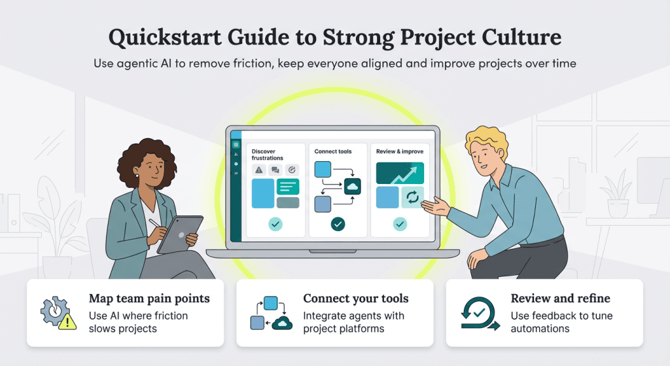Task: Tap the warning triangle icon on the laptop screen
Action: pyautogui.click(x=259, y=170)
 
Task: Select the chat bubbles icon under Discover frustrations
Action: pyautogui.click(x=275, y=170)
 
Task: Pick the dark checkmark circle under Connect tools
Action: pyautogui.click(x=338, y=225)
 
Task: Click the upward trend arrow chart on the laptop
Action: pyautogui.click(x=400, y=173)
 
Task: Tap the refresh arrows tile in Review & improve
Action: pyautogui.click(x=412, y=197)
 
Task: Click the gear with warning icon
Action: pyautogui.click(x=56, y=313)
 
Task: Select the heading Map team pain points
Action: pyautogui.click(x=149, y=299)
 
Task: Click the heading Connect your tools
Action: pyautogui.click(x=355, y=299)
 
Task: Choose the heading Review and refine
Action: pyautogui.click(x=560, y=299)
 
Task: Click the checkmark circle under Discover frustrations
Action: pyautogui.click(x=275, y=225)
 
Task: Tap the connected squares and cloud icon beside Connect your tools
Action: pyautogui.click(x=270, y=314)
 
